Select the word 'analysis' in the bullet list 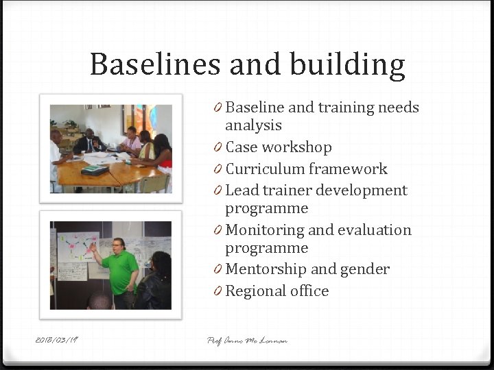(253, 125)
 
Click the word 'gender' (365, 270)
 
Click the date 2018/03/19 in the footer (58, 340)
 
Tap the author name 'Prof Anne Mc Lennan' (247, 340)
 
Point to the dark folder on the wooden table (95, 169)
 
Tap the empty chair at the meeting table (154, 183)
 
